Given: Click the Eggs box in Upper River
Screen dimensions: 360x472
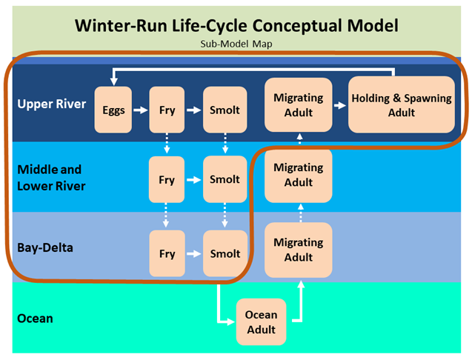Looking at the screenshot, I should coord(114,110).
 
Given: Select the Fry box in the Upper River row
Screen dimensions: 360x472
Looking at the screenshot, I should coord(167,110).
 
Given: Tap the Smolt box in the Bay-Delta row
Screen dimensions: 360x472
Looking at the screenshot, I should coord(225,253).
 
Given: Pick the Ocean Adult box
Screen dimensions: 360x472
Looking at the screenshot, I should coord(261,321).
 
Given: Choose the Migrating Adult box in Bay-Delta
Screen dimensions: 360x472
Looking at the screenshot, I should coord(299,250).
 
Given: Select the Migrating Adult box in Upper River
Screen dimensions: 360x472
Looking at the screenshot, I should coord(299,104).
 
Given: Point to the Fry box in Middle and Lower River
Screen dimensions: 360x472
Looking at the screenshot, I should coord(167,179).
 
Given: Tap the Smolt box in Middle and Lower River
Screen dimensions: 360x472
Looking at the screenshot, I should coord(225,179).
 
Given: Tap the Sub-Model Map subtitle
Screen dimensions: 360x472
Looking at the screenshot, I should coord(236,44).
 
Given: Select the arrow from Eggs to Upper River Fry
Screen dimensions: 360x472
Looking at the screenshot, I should coord(141,110).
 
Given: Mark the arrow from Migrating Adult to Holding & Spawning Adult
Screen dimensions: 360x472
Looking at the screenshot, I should coord(339,104).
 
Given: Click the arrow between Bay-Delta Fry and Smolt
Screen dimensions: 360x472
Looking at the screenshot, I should coord(194,253).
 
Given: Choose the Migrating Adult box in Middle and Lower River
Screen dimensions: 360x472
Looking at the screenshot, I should coord(299,175).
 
